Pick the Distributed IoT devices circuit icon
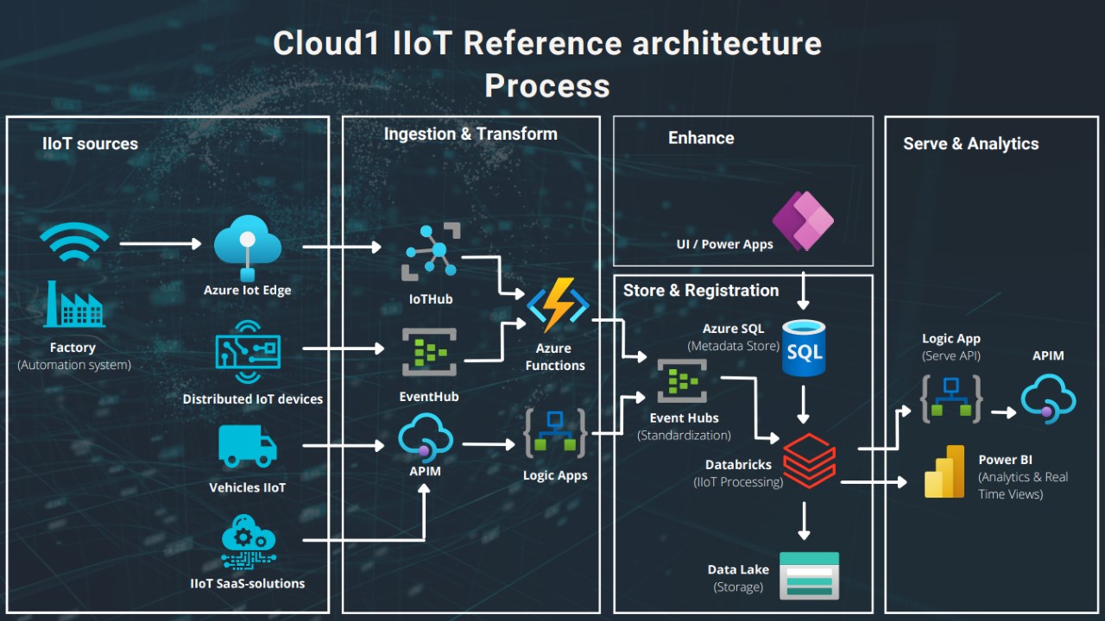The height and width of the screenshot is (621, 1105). pyautogui.click(x=248, y=352)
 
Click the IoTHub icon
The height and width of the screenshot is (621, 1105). pyautogui.click(x=432, y=253)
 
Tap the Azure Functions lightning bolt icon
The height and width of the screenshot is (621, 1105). pyautogui.click(x=558, y=305)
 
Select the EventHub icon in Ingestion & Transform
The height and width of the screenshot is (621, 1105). pyautogui.click(x=429, y=352)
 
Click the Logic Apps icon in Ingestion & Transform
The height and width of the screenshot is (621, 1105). pyautogui.click(x=555, y=432)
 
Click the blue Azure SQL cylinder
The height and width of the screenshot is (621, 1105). pyautogui.click(x=803, y=348)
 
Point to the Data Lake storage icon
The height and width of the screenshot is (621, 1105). pyautogui.click(x=809, y=574)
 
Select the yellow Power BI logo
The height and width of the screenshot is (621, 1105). pyautogui.click(x=944, y=472)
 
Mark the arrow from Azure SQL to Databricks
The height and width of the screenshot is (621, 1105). pyautogui.click(x=804, y=403)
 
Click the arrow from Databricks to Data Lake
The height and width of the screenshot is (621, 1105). pyautogui.click(x=805, y=520)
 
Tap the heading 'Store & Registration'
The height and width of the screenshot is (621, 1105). pyautogui.click(x=701, y=291)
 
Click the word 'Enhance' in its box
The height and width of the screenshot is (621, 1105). pyautogui.click(x=701, y=138)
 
